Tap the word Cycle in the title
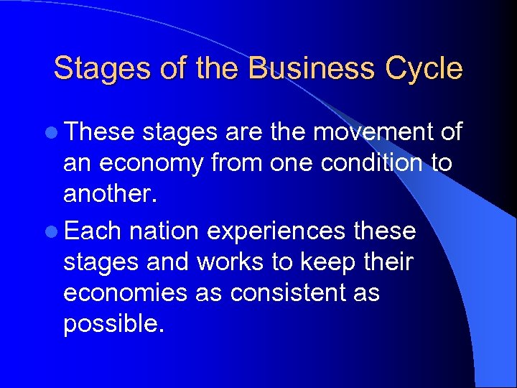(424, 69)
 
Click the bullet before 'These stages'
(55, 133)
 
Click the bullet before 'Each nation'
(55, 232)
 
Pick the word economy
(152, 165)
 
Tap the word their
(386, 262)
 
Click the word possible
(114, 325)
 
